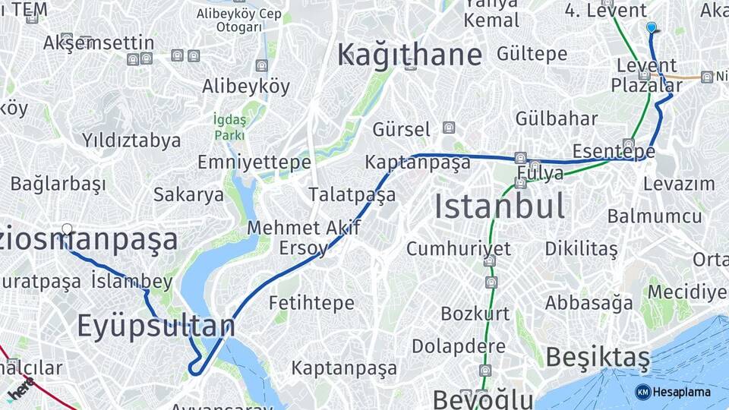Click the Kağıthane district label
tap(409, 55)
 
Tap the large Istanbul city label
tap(500, 206)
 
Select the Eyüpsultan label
tap(156, 326)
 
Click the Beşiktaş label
tap(598, 356)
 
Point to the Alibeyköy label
tap(245, 87)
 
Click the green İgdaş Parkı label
tap(229, 127)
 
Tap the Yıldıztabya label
tap(131, 140)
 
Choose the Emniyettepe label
tap(254, 162)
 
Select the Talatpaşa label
tap(352, 195)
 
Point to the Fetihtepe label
tap(311, 303)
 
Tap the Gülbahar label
tap(556, 118)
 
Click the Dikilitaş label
tap(581, 248)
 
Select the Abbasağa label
tap(589, 303)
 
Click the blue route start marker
tap(651, 27)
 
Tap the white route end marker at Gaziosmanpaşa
tap(67, 229)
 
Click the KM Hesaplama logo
tap(673, 392)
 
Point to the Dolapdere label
tap(459, 346)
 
